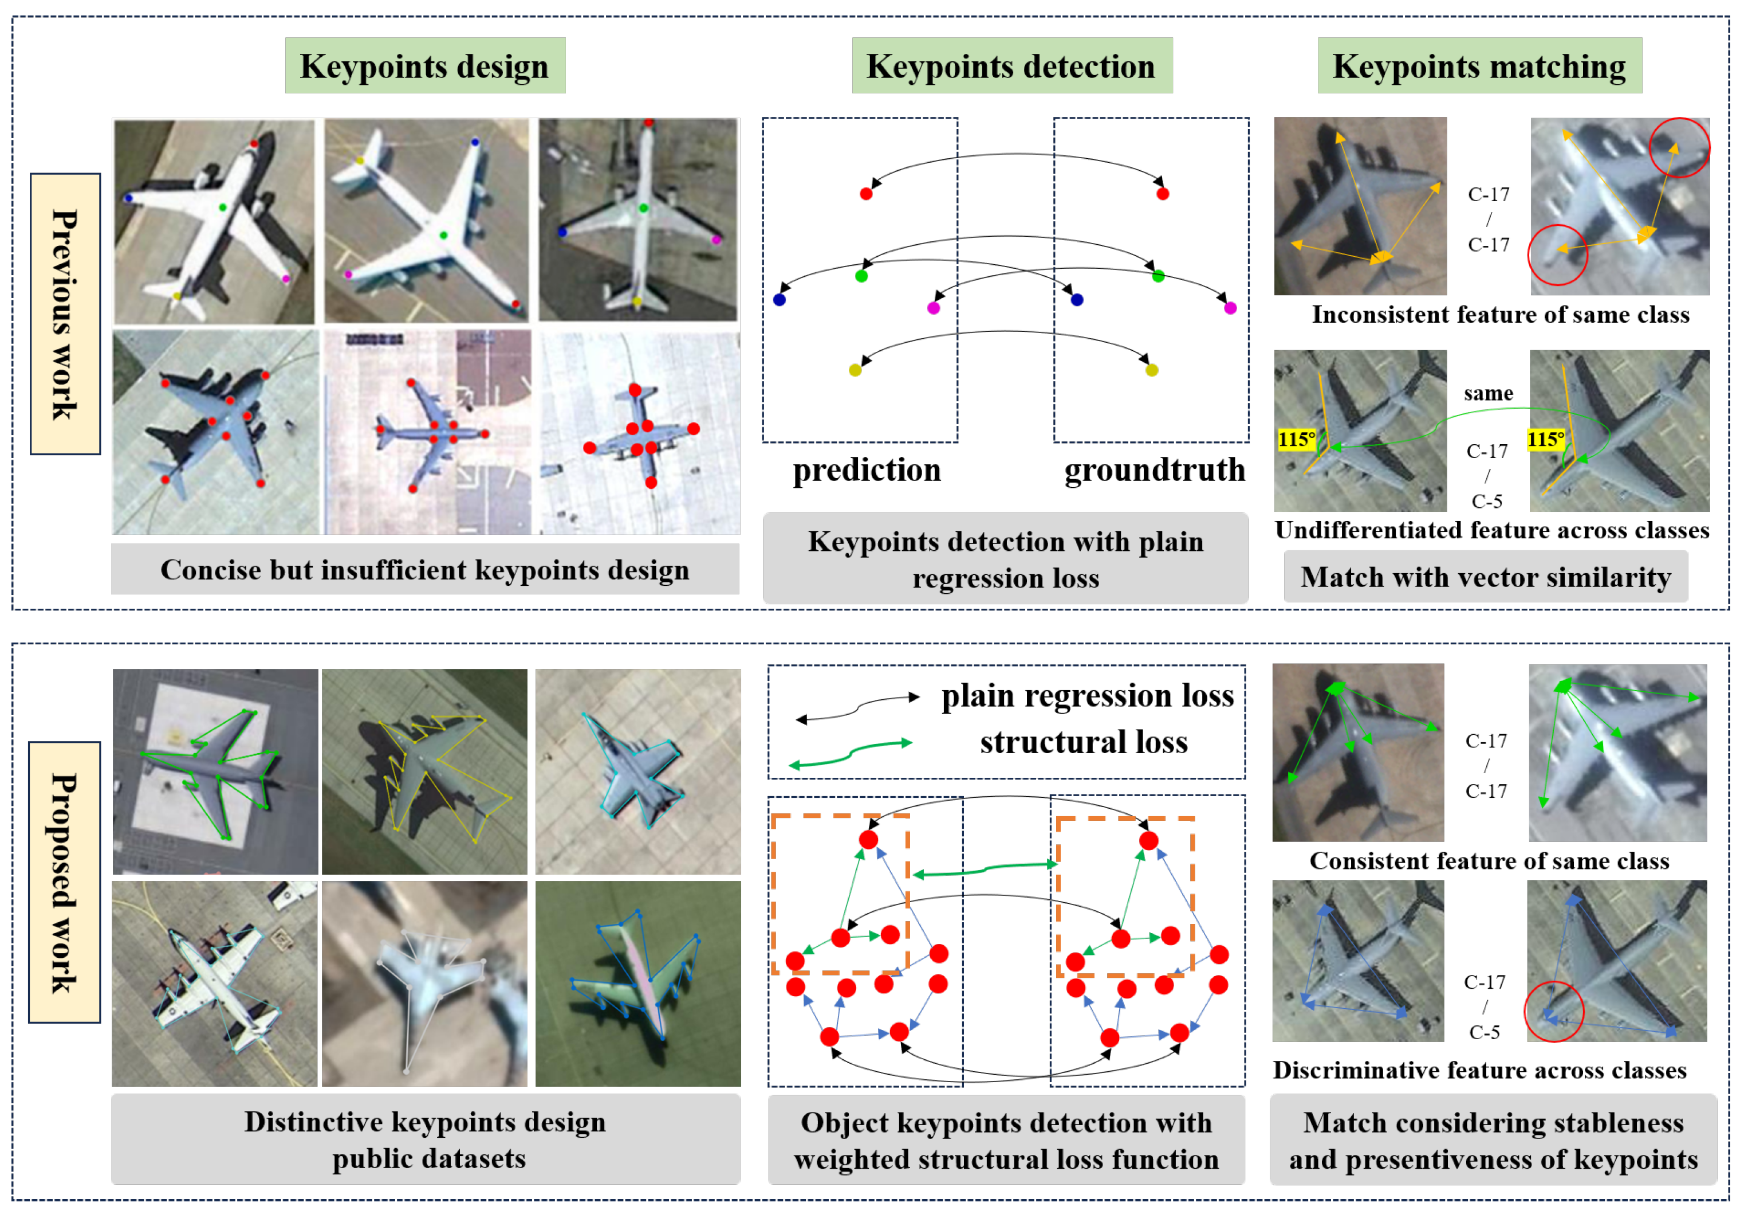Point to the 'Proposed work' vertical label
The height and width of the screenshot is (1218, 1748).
tap(64, 882)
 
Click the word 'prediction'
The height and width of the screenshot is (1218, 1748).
tap(867, 469)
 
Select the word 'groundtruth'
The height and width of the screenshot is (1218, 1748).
tap(1154, 469)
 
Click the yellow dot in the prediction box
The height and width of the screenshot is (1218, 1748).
tap(855, 370)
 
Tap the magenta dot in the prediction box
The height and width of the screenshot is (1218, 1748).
tap(934, 308)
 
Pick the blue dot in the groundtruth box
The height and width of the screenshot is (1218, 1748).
tap(1077, 299)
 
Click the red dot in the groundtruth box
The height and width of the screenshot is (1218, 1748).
tap(1163, 194)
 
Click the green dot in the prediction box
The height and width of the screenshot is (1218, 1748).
tap(861, 276)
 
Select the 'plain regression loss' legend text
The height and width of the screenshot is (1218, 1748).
tap(1087, 695)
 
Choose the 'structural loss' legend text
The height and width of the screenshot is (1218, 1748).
tap(1084, 742)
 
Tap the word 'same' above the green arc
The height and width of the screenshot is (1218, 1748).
tap(1487, 393)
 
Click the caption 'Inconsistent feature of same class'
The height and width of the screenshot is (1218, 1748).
tap(1500, 315)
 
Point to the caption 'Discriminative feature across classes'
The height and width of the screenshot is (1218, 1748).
tap(1479, 1070)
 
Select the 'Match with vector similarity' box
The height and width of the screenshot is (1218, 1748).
tap(1485, 577)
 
